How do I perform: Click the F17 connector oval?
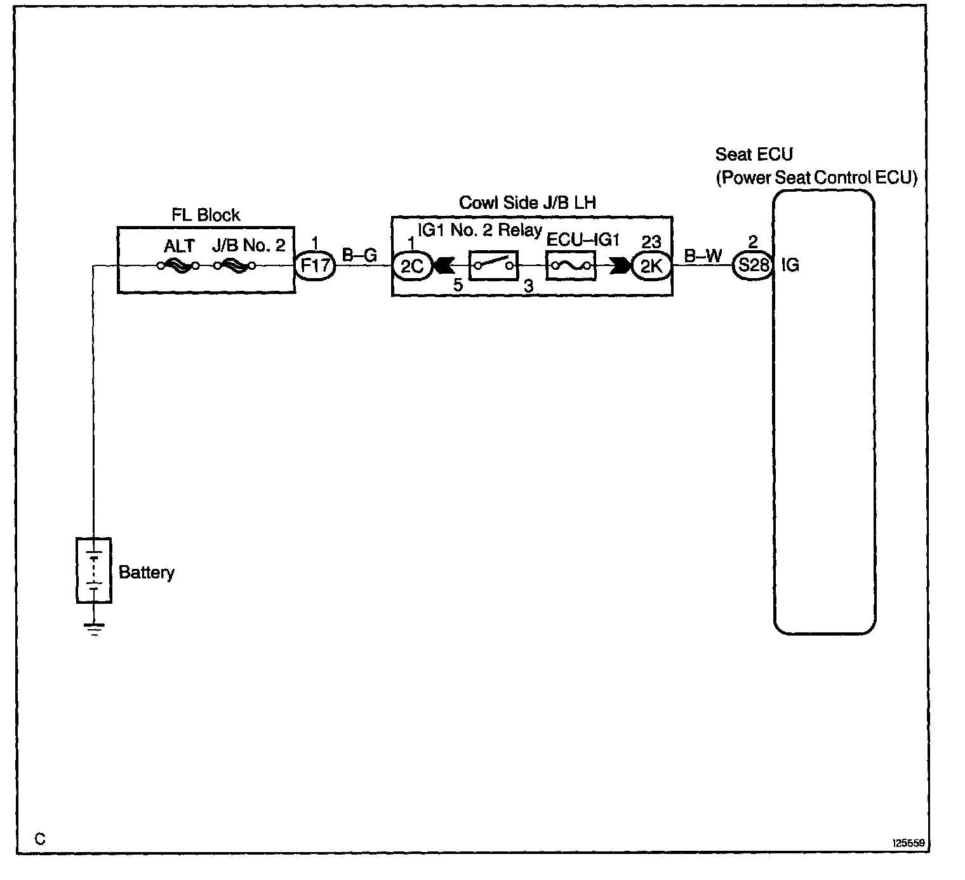(316, 265)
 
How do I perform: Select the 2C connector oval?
(412, 265)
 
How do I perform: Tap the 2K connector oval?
(651, 265)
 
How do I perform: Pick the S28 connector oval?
(753, 265)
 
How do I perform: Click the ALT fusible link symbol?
(178, 265)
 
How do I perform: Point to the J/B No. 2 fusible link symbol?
(235, 265)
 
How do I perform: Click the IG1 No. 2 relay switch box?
(493, 265)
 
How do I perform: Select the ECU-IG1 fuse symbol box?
(571, 265)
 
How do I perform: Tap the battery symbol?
(94, 570)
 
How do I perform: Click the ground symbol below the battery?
(94, 629)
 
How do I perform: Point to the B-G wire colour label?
(360, 255)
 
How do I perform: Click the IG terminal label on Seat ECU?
(790, 265)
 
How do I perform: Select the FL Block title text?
(206, 215)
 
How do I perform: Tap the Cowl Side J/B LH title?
(527, 203)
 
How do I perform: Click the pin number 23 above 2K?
(651, 242)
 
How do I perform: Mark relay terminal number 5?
(458, 286)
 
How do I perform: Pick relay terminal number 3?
(528, 286)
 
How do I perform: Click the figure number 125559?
(909, 843)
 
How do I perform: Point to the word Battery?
(146, 573)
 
